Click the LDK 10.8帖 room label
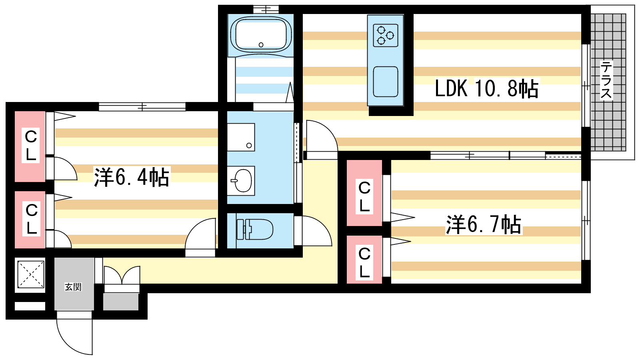[x=486, y=88]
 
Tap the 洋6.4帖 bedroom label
[x=132, y=177]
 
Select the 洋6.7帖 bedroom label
[x=484, y=224]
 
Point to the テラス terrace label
[x=606, y=80]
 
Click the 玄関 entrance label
[x=73, y=287]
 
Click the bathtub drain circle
[x=261, y=45]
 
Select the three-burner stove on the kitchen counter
[x=386, y=36]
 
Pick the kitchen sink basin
[x=386, y=82]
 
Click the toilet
[x=255, y=230]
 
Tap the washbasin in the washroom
[x=241, y=181]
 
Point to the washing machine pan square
[x=241, y=137]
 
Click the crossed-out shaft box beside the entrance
[x=30, y=274]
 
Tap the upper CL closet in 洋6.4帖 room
[x=30, y=146]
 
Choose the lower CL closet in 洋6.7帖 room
[x=364, y=260]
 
